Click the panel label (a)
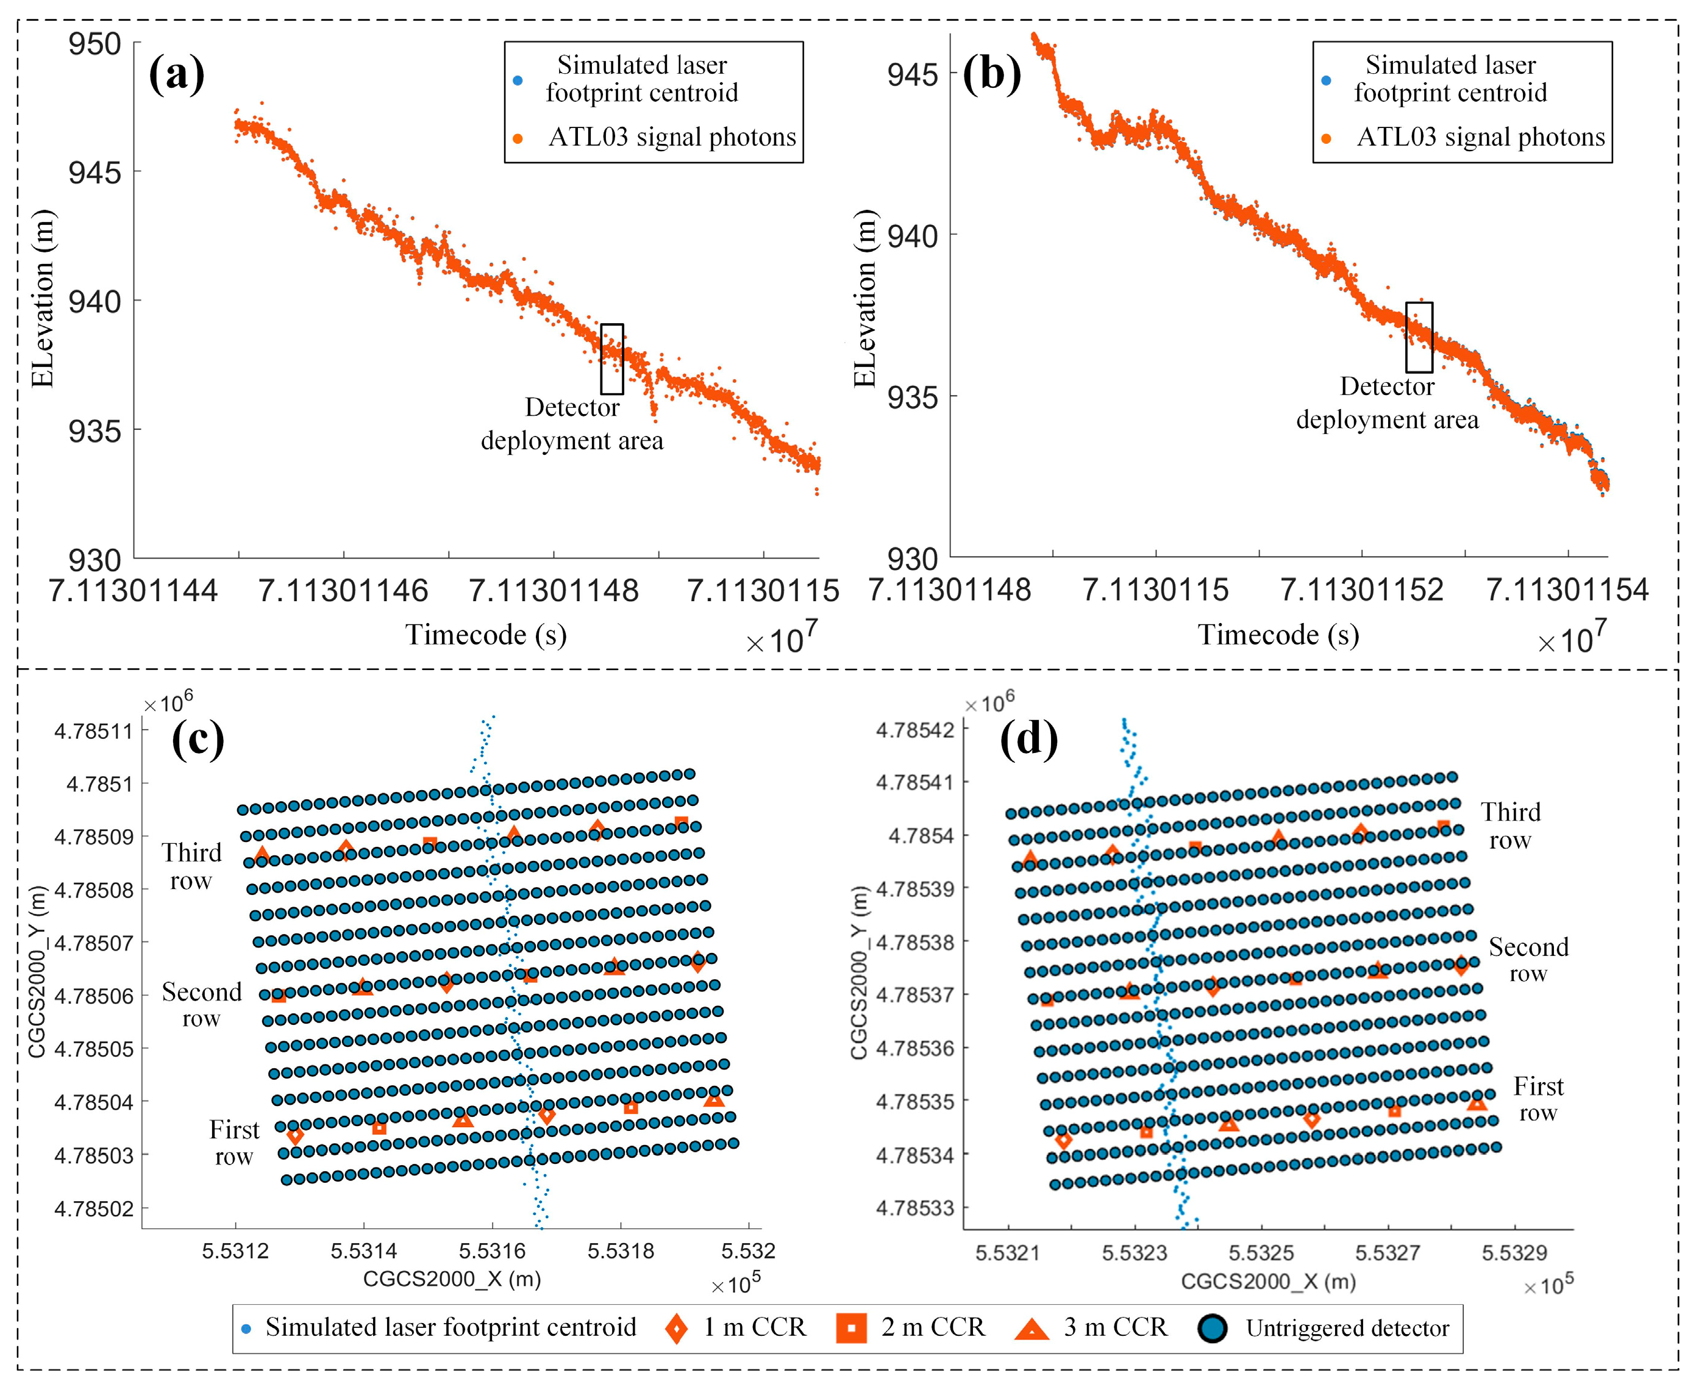pyautogui.click(x=176, y=74)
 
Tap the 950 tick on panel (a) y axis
pyautogui.click(x=95, y=44)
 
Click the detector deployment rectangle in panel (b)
pyautogui.click(x=1419, y=337)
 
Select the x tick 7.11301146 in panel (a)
pyautogui.click(x=343, y=591)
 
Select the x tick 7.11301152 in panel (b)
pyautogui.click(x=1361, y=590)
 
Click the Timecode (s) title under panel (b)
pyautogui.click(x=1278, y=635)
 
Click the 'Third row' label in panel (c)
pyautogui.click(x=191, y=866)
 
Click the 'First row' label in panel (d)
pyautogui.click(x=1538, y=1099)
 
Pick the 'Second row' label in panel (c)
pyautogui.click(x=202, y=1005)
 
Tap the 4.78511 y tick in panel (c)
pyautogui.click(x=93, y=730)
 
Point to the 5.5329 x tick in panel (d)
pyautogui.click(x=1514, y=1252)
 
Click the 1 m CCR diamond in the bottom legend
pyautogui.click(x=676, y=1327)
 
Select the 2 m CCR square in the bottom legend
pyautogui.click(x=850, y=1327)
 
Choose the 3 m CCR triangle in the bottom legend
pyautogui.click(x=1031, y=1328)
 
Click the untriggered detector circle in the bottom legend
pyautogui.click(x=1212, y=1327)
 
